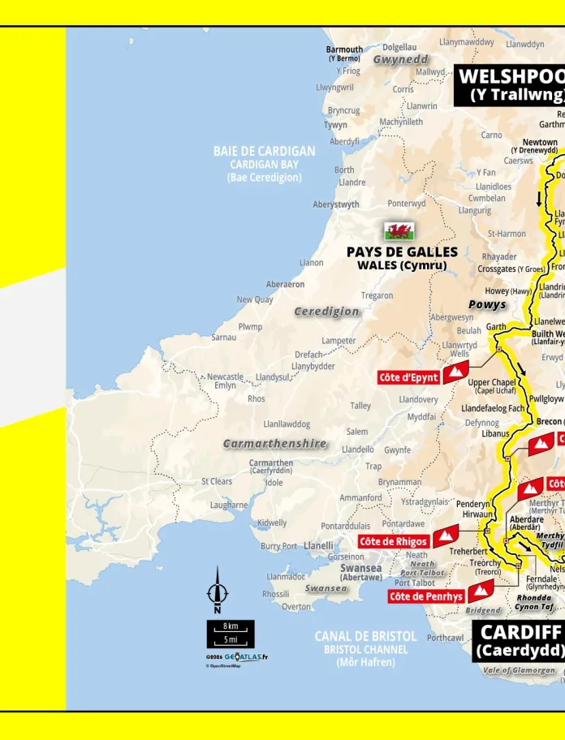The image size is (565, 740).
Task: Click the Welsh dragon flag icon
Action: pyautogui.click(x=399, y=231)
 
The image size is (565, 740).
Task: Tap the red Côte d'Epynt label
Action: pyautogui.click(x=409, y=377)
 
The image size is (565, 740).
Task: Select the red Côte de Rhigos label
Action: pyautogui.click(x=394, y=541)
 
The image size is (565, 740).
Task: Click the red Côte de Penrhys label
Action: pyautogui.click(x=426, y=596)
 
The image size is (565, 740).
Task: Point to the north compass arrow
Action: pyautogui.click(x=217, y=590)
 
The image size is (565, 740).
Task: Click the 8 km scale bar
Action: pyautogui.click(x=231, y=627)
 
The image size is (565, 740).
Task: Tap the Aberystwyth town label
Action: pyautogui.click(x=336, y=204)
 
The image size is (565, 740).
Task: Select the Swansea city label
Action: pyautogui.click(x=361, y=569)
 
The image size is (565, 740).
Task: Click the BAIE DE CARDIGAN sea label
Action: pyautogui.click(x=264, y=151)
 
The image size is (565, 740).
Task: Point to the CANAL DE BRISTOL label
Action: pyautogui.click(x=365, y=636)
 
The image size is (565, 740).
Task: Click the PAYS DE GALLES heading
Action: pyautogui.click(x=402, y=252)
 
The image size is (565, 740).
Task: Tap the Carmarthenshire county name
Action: pyautogui.click(x=275, y=444)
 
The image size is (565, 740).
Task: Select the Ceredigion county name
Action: pyautogui.click(x=326, y=312)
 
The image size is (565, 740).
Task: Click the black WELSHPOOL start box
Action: pyautogui.click(x=510, y=85)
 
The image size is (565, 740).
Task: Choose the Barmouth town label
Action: pyautogui.click(x=345, y=49)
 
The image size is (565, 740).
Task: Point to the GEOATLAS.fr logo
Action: pyautogui.click(x=246, y=657)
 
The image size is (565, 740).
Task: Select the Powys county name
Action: pyautogui.click(x=487, y=305)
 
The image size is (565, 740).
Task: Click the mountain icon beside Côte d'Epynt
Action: pyautogui.click(x=455, y=373)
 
